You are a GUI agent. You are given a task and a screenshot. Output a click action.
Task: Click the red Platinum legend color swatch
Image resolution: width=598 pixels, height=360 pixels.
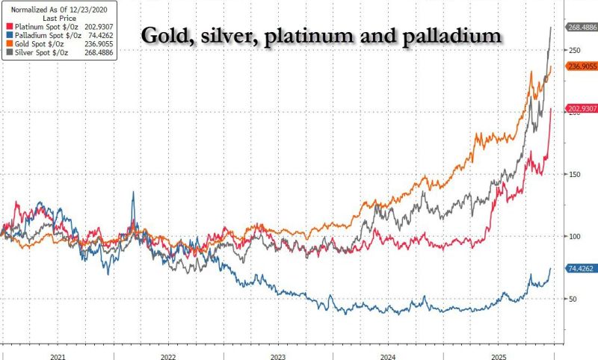pyautogui.click(x=5, y=26)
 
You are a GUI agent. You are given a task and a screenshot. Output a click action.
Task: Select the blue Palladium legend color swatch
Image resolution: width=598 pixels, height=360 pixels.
pyautogui.click(x=5, y=35)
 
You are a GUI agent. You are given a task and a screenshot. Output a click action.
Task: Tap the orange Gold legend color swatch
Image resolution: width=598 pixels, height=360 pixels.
pyautogui.click(x=5, y=44)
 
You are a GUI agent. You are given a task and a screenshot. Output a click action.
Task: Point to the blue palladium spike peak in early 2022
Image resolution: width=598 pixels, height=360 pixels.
pyautogui.click(x=133, y=192)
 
